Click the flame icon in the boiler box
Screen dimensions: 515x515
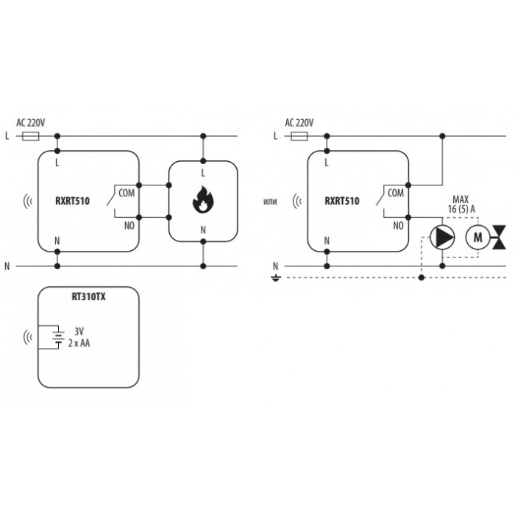coord(202,199)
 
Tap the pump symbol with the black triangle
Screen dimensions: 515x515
coord(442,236)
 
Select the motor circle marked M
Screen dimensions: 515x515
coord(477,237)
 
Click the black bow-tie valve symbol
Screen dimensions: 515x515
coord(500,237)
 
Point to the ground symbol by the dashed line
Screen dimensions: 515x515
coord(275,279)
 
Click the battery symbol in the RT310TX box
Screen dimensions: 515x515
coord(58,337)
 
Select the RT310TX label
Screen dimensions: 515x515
coord(88,297)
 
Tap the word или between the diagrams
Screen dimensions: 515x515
coord(270,201)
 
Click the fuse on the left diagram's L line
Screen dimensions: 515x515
coord(31,136)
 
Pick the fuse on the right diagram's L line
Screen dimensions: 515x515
coord(299,136)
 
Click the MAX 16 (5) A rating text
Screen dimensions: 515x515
coord(461,205)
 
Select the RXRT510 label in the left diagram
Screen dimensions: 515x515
coord(72,201)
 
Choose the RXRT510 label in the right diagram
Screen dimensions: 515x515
coord(342,201)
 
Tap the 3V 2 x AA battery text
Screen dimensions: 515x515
coord(79,337)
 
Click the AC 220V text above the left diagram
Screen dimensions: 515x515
coord(31,123)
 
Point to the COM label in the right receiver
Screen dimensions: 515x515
coord(396,193)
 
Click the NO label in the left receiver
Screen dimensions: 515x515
coord(129,226)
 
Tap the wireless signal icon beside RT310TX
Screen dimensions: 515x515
coord(28,337)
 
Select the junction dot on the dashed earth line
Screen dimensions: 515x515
coord(422,278)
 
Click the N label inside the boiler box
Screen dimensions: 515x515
coord(203,230)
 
